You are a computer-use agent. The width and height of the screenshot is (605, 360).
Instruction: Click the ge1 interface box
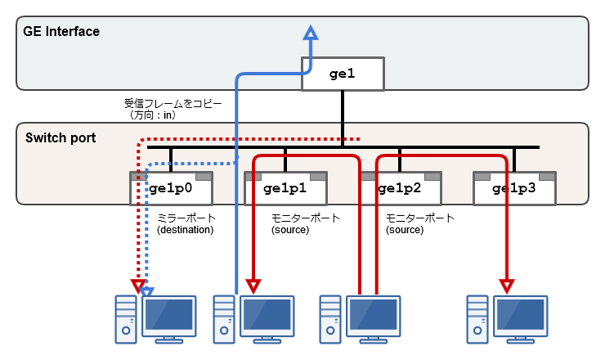coord(343,74)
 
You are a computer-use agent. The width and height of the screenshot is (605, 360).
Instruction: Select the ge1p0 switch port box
coord(171,188)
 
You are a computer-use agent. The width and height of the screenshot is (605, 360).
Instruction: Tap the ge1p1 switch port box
coord(285,188)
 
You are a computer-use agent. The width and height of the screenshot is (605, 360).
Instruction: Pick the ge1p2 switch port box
coord(400,188)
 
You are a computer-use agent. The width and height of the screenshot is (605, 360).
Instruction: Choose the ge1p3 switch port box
coord(514,188)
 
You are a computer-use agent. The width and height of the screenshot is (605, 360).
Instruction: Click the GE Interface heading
coord(62,32)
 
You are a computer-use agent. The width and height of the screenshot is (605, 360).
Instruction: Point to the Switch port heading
coord(61,137)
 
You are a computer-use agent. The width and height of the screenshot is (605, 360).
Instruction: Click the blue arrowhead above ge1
coord(310,33)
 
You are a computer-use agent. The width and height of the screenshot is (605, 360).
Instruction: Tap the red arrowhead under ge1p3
coord(507,286)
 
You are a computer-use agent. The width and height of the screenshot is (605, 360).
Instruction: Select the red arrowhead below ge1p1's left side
coord(253,286)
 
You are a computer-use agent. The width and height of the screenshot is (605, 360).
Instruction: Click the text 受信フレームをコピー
coord(168,104)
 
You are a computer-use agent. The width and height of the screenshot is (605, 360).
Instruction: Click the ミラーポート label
coord(186,218)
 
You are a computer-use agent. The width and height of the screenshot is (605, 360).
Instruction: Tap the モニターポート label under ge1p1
coord(305,218)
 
